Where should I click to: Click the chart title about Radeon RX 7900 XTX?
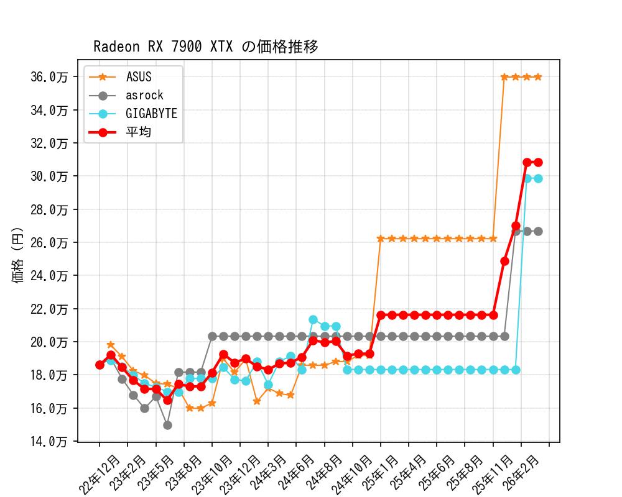(x=206, y=47)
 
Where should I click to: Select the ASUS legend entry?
(x=139, y=77)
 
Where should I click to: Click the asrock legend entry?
(x=144, y=95)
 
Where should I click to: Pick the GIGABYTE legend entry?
(x=151, y=114)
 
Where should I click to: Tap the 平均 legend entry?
(x=139, y=132)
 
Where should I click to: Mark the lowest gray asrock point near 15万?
(x=167, y=425)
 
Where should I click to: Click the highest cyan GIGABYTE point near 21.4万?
(x=313, y=320)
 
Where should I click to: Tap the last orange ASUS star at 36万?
(x=538, y=77)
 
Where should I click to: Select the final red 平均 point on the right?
(x=538, y=162)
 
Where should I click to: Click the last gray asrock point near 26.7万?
(x=538, y=231)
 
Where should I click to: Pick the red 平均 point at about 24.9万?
(x=504, y=261)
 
